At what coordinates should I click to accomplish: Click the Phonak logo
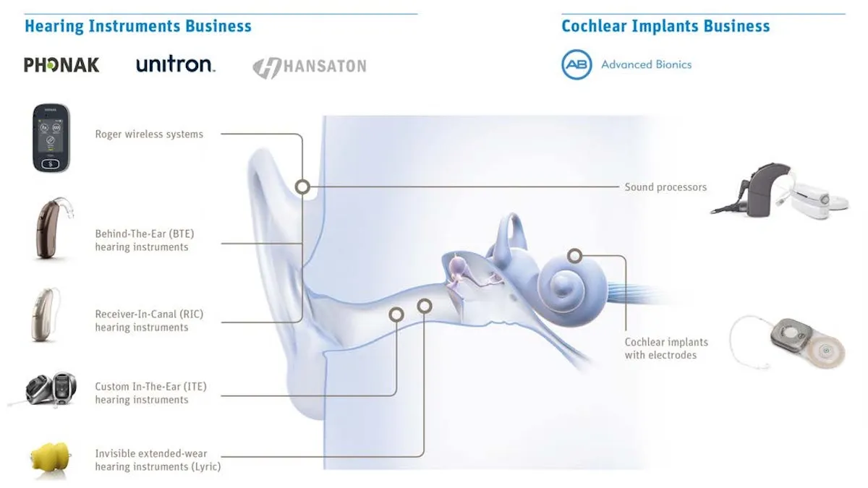(x=61, y=64)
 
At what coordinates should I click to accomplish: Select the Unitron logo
(x=176, y=64)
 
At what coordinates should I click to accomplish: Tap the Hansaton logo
(x=310, y=67)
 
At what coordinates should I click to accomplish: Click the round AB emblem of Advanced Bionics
(x=576, y=64)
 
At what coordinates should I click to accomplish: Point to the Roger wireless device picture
(x=51, y=138)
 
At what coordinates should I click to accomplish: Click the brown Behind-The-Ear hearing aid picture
(x=53, y=228)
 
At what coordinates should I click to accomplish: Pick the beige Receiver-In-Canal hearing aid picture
(x=46, y=314)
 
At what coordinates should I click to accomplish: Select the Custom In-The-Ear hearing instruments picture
(x=51, y=388)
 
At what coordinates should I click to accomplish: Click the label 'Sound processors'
(x=665, y=187)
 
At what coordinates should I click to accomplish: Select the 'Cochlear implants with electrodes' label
(x=666, y=348)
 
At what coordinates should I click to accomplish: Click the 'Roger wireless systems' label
(x=149, y=134)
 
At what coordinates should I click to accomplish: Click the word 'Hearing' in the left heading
(x=54, y=26)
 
